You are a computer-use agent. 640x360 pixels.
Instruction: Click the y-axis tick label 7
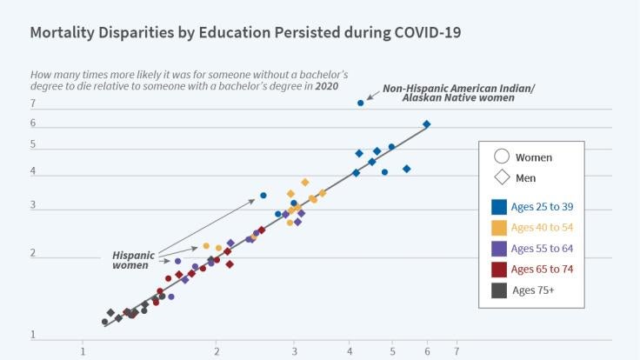tap(32, 103)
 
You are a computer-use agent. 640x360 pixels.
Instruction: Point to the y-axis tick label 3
tap(32, 206)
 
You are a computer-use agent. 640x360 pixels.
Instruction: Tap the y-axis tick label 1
tap(32, 335)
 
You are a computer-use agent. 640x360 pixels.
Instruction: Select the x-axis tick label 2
tap(217, 352)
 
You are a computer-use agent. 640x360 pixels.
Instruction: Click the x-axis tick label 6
tap(427, 352)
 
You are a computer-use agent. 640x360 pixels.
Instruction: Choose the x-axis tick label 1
tap(83, 352)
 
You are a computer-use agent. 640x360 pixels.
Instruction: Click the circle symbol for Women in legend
tap(501, 157)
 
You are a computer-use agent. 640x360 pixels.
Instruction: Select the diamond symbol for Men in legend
tap(501, 178)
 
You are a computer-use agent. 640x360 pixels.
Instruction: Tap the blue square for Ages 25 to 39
tap(499, 207)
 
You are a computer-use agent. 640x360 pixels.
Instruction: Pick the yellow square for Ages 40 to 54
tap(499, 228)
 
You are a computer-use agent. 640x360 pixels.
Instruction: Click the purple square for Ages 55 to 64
tap(499, 249)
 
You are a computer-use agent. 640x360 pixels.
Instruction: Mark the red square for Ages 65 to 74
tap(499, 270)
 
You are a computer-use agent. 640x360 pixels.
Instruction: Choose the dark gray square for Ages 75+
tap(499, 290)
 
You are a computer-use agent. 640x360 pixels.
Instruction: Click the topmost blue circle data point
tap(361, 103)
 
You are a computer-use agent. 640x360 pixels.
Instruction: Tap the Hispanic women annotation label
tap(133, 260)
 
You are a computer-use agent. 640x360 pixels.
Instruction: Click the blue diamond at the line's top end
tap(427, 124)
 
